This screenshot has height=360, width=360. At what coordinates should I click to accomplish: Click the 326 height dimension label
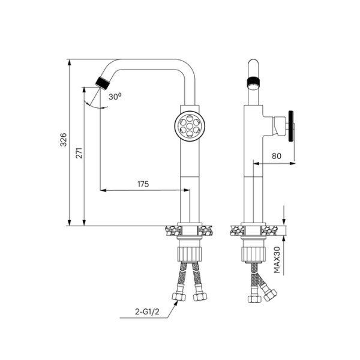click(x=64, y=141)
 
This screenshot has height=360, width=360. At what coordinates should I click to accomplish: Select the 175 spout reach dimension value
click(x=143, y=184)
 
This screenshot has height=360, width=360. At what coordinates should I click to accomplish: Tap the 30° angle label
click(x=115, y=95)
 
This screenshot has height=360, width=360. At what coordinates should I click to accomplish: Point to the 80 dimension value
click(x=277, y=155)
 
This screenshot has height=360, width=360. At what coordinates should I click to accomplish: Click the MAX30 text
click(x=277, y=260)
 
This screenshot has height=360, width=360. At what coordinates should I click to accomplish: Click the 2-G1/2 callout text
click(x=147, y=312)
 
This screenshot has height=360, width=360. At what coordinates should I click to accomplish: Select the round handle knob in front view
click(x=190, y=125)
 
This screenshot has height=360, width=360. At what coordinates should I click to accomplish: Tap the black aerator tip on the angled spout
click(x=102, y=82)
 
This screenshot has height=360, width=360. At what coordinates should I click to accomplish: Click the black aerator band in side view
click(x=254, y=82)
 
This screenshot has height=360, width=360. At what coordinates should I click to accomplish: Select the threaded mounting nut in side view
click(x=253, y=253)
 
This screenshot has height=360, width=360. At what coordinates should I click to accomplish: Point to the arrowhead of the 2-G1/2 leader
click(x=176, y=303)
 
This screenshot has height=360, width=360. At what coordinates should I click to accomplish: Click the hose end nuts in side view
click(x=263, y=295)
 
